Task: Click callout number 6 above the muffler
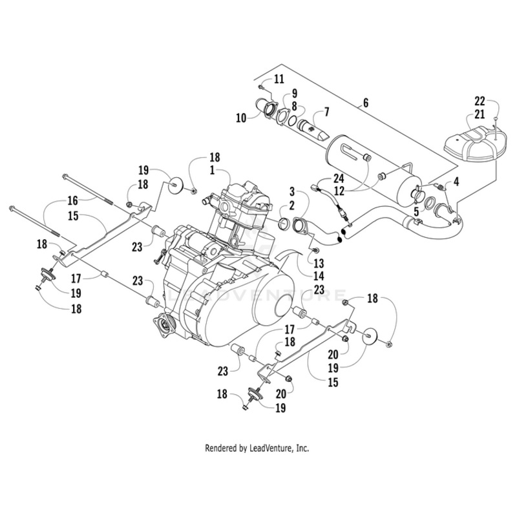[x=365, y=103]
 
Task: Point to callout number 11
[x=279, y=79]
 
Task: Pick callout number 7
[x=326, y=112]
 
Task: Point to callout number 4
[x=457, y=183]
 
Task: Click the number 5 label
[x=417, y=211]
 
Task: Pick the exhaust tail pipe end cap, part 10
[x=264, y=107]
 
